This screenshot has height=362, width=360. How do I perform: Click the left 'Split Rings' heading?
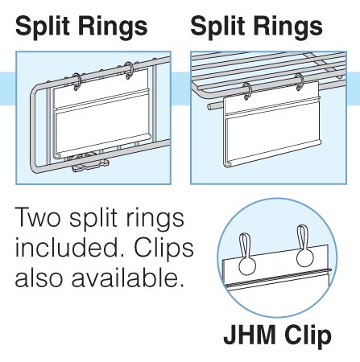point(81,27)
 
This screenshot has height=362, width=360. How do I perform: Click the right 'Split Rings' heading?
point(256,27)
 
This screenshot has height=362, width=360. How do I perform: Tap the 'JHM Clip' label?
point(278,336)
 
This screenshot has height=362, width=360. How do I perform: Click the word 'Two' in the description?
point(37,218)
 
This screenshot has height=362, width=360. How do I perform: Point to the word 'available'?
point(128,277)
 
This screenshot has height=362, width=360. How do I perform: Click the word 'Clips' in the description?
point(163,249)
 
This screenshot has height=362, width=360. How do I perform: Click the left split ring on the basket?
point(77,82)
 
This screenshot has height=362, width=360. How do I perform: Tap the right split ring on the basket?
point(129,70)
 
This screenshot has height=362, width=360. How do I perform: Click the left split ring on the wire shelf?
point(247,91)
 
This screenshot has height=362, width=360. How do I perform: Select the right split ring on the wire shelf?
point(300,82)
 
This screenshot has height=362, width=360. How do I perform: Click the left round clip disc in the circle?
point(247,266)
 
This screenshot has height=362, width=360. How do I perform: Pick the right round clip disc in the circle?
point(305,258)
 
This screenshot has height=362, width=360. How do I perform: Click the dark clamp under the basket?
point(90,163)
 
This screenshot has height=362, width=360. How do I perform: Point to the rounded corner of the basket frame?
point(35,93)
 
